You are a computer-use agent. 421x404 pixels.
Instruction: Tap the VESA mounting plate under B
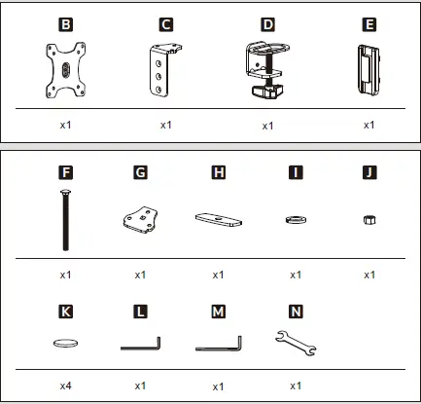pos(64,71)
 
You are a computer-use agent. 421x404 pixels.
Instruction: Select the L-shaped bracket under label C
pos(165,70)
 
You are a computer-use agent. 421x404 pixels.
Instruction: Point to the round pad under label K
pos(64,343)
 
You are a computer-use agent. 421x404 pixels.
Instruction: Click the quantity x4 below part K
pos(64,386)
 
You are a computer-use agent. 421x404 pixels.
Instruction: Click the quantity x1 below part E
pos(369,126)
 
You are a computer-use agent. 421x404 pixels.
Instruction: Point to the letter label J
pos(369,174)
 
